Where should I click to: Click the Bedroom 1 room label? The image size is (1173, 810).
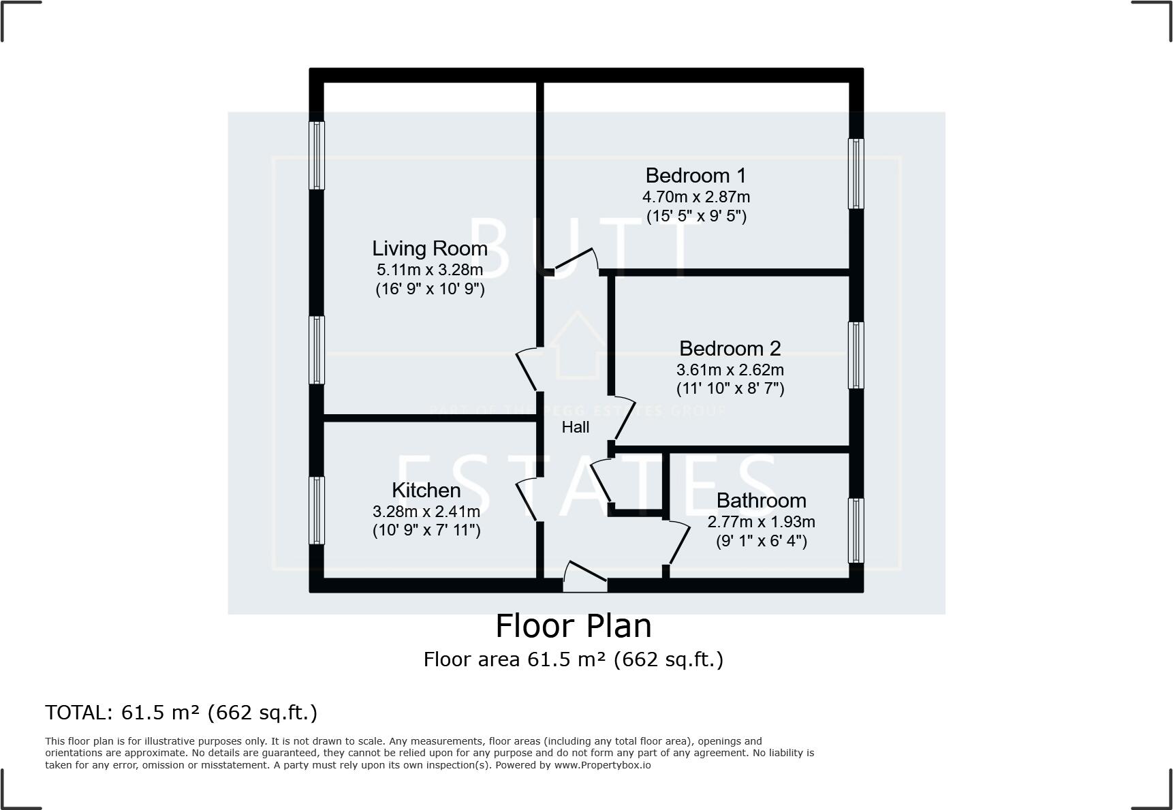coord(695,176)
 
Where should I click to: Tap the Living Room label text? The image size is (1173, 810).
coord(429,249)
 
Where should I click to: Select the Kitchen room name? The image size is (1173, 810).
coord(426,490)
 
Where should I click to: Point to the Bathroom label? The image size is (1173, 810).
coord(761,501)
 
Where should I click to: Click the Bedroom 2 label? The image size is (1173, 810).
coord(730,349)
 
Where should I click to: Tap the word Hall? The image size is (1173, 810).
coord(575,427)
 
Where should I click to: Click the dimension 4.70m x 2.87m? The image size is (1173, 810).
coord(695,198)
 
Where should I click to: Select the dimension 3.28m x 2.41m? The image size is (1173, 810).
coord(426,512)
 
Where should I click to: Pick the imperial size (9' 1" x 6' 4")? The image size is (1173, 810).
coord(761,541)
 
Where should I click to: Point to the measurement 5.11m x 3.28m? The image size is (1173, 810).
coord(429,270)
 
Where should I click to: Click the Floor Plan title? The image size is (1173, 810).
coord(573,625)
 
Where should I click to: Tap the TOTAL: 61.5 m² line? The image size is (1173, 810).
coord(181,713)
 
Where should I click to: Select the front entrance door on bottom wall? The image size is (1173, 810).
coord(584,576)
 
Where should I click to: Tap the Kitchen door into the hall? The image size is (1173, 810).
coord(528,500)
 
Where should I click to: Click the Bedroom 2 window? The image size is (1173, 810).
coord(856,355)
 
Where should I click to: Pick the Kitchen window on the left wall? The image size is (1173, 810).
coord(317,510)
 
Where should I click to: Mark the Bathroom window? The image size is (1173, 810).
coord(856,531)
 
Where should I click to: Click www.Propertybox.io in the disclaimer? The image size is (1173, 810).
coord(602,765)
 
